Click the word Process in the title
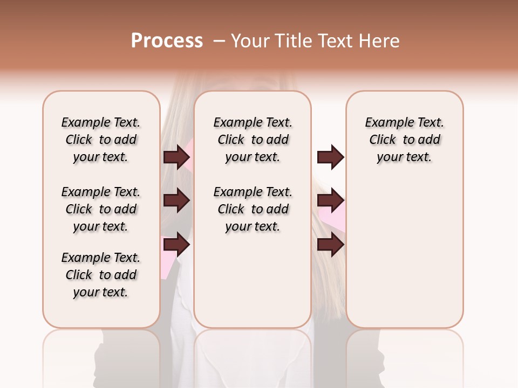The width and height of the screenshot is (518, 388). (167, 40)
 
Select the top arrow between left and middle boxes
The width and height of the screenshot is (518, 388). (176, 157)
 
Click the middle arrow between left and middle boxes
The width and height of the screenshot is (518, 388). (176, 201)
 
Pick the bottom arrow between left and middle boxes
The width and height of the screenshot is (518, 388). (176, 245)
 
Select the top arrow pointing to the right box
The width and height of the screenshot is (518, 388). (330, 157)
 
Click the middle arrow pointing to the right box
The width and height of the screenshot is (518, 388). (330, 201)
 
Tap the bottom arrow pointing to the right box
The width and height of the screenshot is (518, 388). (330, 245)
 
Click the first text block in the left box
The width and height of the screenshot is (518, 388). (101, 140)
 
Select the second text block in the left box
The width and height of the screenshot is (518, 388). (101, 209)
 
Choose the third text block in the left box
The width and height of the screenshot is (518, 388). (101, 275)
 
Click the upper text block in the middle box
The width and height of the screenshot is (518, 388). (253, 140)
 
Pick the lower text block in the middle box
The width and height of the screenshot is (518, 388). (253, 209)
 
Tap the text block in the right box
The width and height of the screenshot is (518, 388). (404, 140)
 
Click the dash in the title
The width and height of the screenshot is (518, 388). (219, 40)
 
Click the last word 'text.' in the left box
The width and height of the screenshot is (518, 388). (114, 292)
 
